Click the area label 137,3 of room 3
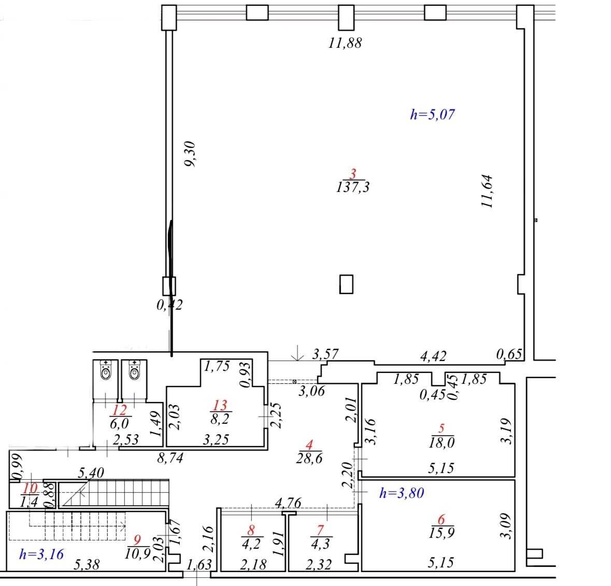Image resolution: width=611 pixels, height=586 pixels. pyautogui.click(x=353, y=187)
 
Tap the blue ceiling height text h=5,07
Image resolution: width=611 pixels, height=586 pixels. pyautogui.click(x=433, y=114)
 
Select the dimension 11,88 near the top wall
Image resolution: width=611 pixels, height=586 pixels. pyautogui.click(x=345, y=43)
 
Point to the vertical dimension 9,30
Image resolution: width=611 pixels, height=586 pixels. pyautogui.click(x=190, y=154)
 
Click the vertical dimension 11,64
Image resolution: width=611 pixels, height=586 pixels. pyautogui.click(x=487, y=191)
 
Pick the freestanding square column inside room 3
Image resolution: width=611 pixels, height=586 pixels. pyautogui.click(x=346, y=284)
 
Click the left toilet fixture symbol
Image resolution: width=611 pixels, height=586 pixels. pyautogui.click(x=105, y=370)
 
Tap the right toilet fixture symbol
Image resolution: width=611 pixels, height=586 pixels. pyautogui.click(x=134, y=370)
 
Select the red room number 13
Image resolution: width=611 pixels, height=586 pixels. pyautogui.click(x=220, y=405)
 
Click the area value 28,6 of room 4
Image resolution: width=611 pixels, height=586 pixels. pyautogui.click(x=309, y=458)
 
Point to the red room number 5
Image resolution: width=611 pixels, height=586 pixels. pyautogui.click(x=441, y=428)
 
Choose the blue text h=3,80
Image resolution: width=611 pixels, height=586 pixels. pyautogui.click(x=402, y=493)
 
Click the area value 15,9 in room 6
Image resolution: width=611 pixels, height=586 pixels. pyautogui.click(x=442, y=533)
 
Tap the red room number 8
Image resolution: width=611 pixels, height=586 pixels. pyautogui.click(x=251, y=530)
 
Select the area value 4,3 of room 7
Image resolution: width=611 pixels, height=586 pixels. pyautogui.click(x=320, y=543)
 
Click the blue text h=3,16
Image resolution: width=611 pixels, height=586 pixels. pyautogui.click(x=41, y=554)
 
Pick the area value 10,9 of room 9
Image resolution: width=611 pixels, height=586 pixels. pyautogui.click(x=137, y=553)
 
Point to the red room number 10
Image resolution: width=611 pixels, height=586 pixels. pyautogui.click(x=30, y=488)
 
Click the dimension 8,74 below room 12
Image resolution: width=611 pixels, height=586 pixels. pyautogui.click(x=170, y=458)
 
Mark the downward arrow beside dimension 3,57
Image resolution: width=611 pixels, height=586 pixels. pyautogui.click(x=297, y=353)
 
